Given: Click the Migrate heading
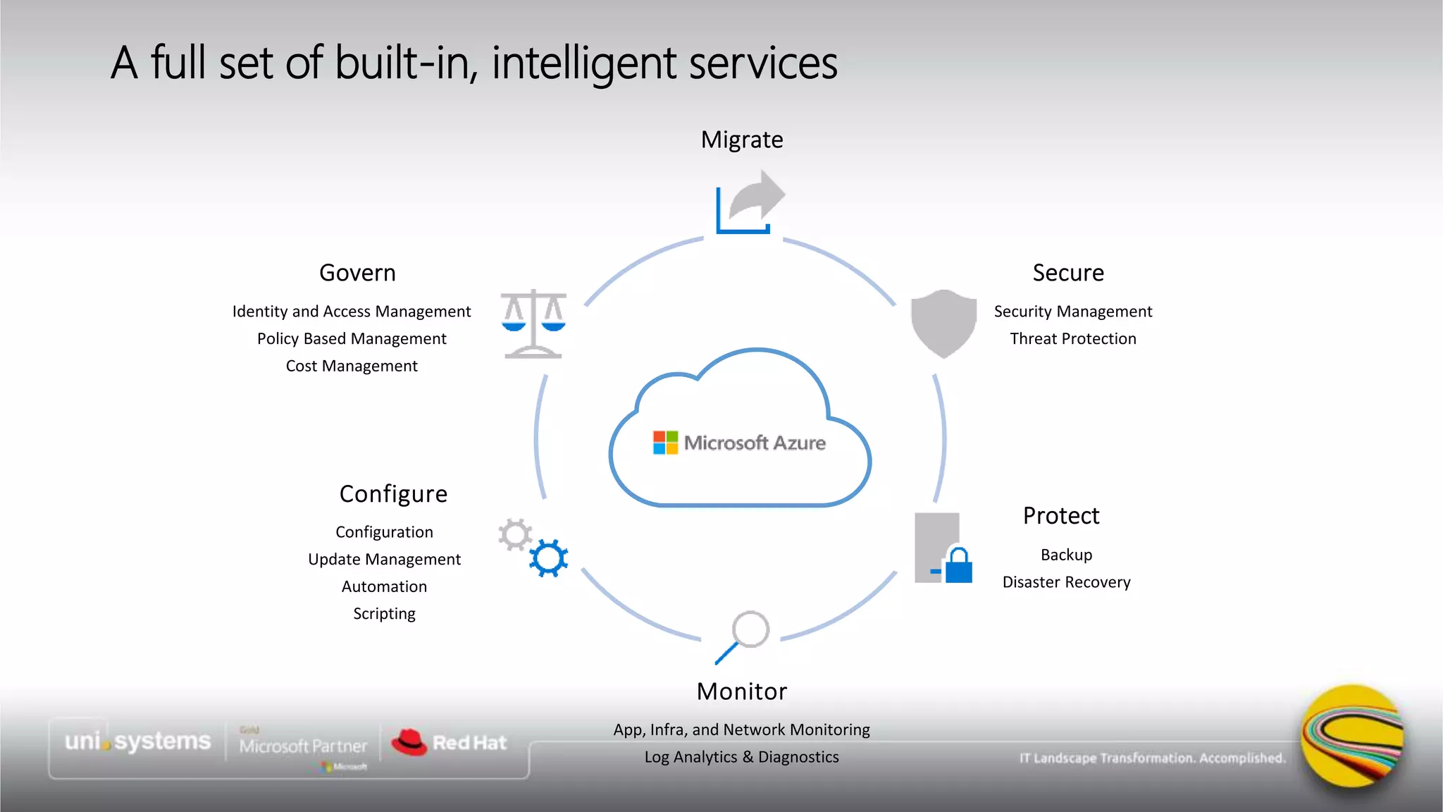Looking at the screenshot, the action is coord(741,140).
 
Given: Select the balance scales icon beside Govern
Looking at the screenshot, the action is coord(533,324).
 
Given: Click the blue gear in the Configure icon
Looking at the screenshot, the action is coord(548,558).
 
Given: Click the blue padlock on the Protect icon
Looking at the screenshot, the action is coord(958,565).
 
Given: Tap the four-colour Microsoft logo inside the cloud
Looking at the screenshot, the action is coord(665,443).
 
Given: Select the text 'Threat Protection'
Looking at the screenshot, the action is coord(1072,339).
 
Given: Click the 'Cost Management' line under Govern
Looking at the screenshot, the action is coord(352,366).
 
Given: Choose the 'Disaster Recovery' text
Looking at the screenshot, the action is coord(1066,582).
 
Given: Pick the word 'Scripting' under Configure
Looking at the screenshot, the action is coord(384,614).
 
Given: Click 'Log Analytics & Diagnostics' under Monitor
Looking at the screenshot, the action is coord(741,757).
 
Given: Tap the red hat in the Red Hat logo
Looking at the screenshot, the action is coord(409,742).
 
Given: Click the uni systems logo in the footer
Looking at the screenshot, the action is coord(137,742).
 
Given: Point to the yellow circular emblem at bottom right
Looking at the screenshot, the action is coord(1351,737).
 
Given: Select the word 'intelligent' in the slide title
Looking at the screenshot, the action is coord(584,63).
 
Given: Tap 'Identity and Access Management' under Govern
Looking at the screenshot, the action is coord(352,312).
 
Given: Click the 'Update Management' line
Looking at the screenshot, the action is coord(384,560).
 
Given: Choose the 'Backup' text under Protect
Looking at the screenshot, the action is coord(1066,555).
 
